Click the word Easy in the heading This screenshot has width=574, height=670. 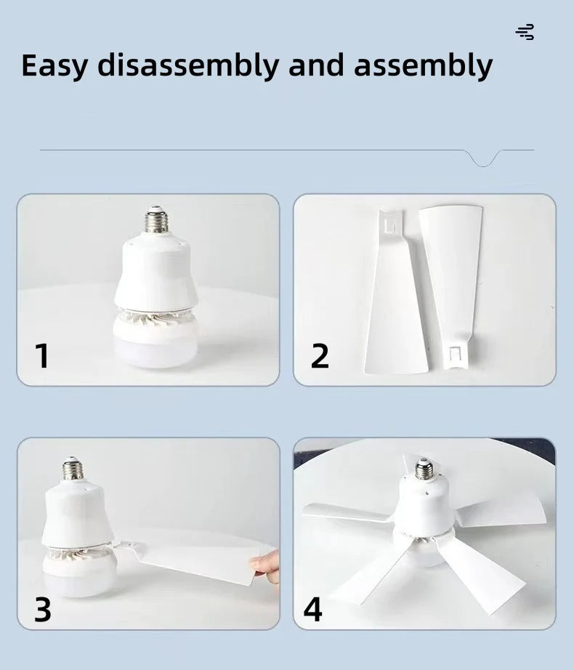[x=54, y=66]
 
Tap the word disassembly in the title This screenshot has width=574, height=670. [x=188, y=66]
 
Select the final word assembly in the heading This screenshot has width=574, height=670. [x=424, y=66]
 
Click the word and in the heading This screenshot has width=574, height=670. [x=316, y=65]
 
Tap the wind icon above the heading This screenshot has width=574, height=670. [x=525, y=32]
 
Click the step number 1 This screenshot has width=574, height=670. [x=42, y=355]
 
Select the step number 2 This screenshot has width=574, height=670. [x=320, y=355]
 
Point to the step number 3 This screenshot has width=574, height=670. [x=43, y=610]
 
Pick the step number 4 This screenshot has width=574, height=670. [x=312, y=610]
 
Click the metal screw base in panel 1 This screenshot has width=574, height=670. [x=155, y=219]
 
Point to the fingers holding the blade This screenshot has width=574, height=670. [x=266, y=567]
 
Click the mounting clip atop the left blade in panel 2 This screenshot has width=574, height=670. [x=391, y=223]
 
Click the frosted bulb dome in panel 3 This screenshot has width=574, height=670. [x=79, y=575]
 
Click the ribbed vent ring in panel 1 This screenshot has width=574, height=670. [x=155, y=316]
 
